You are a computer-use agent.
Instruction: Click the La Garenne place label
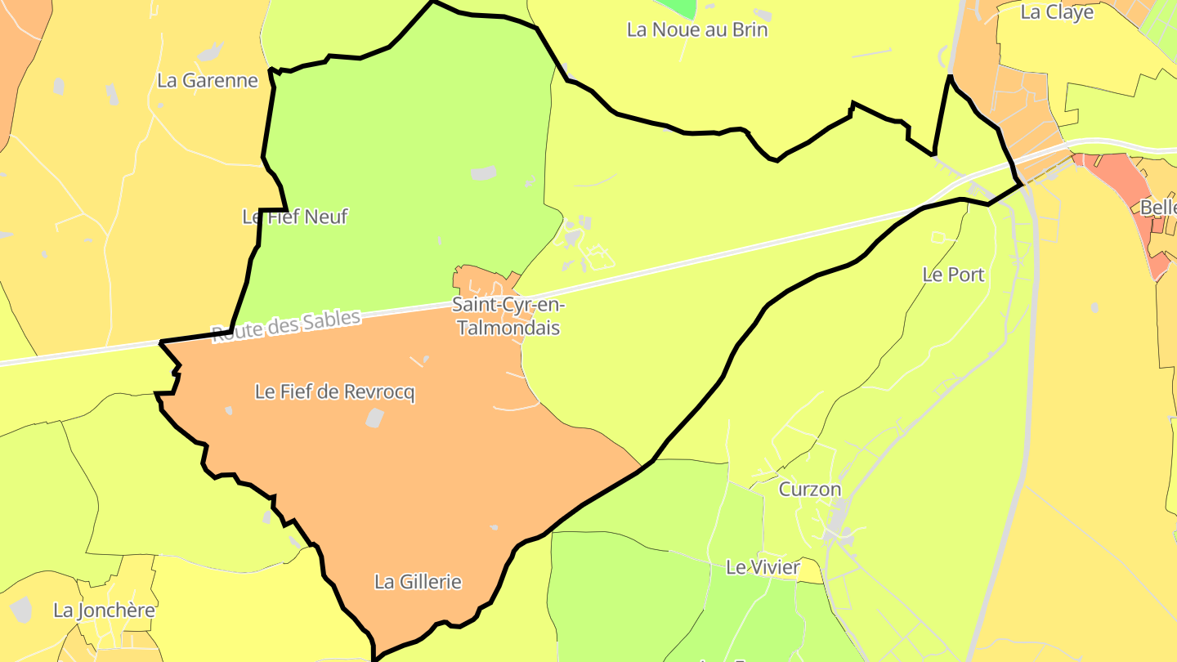207,80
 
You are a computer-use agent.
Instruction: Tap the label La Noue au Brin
697,30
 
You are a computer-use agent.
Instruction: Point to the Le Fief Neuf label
295,217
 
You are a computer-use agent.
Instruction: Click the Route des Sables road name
286,326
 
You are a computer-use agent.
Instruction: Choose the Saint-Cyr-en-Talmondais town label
508,316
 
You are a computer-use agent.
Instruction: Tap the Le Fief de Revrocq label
334,392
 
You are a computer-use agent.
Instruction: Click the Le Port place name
953,275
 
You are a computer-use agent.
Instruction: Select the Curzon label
809,489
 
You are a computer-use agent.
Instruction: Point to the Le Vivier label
763,566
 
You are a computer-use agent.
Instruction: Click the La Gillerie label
418,582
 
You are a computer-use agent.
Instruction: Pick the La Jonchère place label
104,610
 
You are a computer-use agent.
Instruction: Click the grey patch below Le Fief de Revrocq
374,418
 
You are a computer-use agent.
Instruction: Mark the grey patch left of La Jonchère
20,609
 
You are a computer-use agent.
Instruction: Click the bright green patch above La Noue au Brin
678,7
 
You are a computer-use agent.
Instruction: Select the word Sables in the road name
331,320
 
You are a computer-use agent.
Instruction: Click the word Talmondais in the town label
508,328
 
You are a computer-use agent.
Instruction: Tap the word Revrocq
379,392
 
